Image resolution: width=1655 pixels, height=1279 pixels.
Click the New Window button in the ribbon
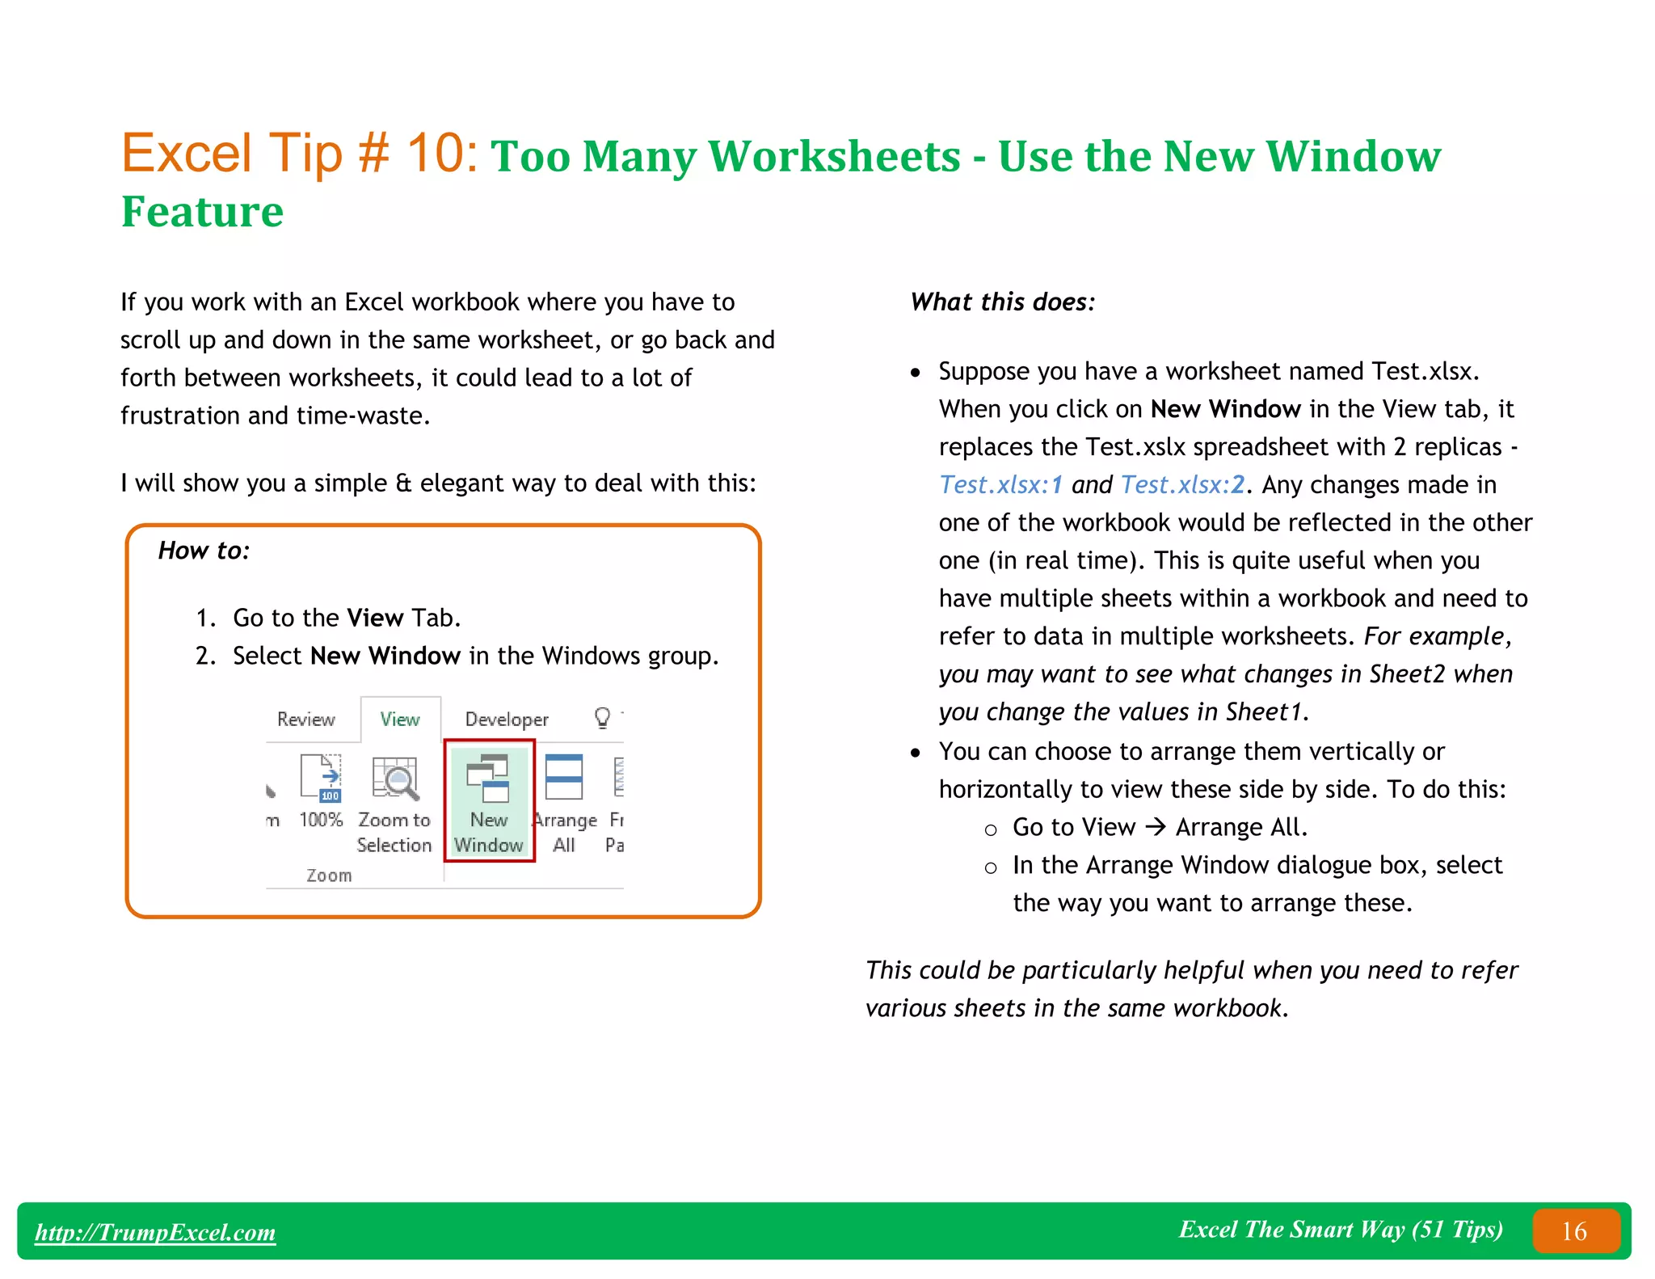point(488,800)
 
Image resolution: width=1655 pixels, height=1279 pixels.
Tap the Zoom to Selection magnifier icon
point(394,778)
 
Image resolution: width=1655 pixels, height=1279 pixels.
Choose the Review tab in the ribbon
point(305,719)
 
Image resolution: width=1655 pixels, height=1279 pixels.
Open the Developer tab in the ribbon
point(507,719)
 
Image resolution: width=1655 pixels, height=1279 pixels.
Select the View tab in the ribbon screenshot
point(400,719)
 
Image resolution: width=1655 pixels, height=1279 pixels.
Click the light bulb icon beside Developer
point(602,717)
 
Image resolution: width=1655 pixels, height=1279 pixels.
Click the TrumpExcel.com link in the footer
point(155,1232)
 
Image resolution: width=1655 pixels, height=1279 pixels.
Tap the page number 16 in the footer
point(1574,1231)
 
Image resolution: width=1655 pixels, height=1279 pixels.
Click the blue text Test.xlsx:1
point(1000,484)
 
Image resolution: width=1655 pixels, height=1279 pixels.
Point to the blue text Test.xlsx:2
point(1182,484)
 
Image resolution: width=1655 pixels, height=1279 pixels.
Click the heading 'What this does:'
point(1003,302)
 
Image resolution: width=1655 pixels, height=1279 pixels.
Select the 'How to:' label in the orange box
point(204,551)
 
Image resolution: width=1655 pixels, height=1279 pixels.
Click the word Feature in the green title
point(202,212)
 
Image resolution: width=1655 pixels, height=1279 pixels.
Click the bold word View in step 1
point(375,618)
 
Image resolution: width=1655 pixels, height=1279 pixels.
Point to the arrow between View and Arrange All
point(1156,827)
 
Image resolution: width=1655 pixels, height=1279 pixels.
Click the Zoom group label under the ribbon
point(329,875)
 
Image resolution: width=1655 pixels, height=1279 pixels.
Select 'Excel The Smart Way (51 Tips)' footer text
point(1340,1230)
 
